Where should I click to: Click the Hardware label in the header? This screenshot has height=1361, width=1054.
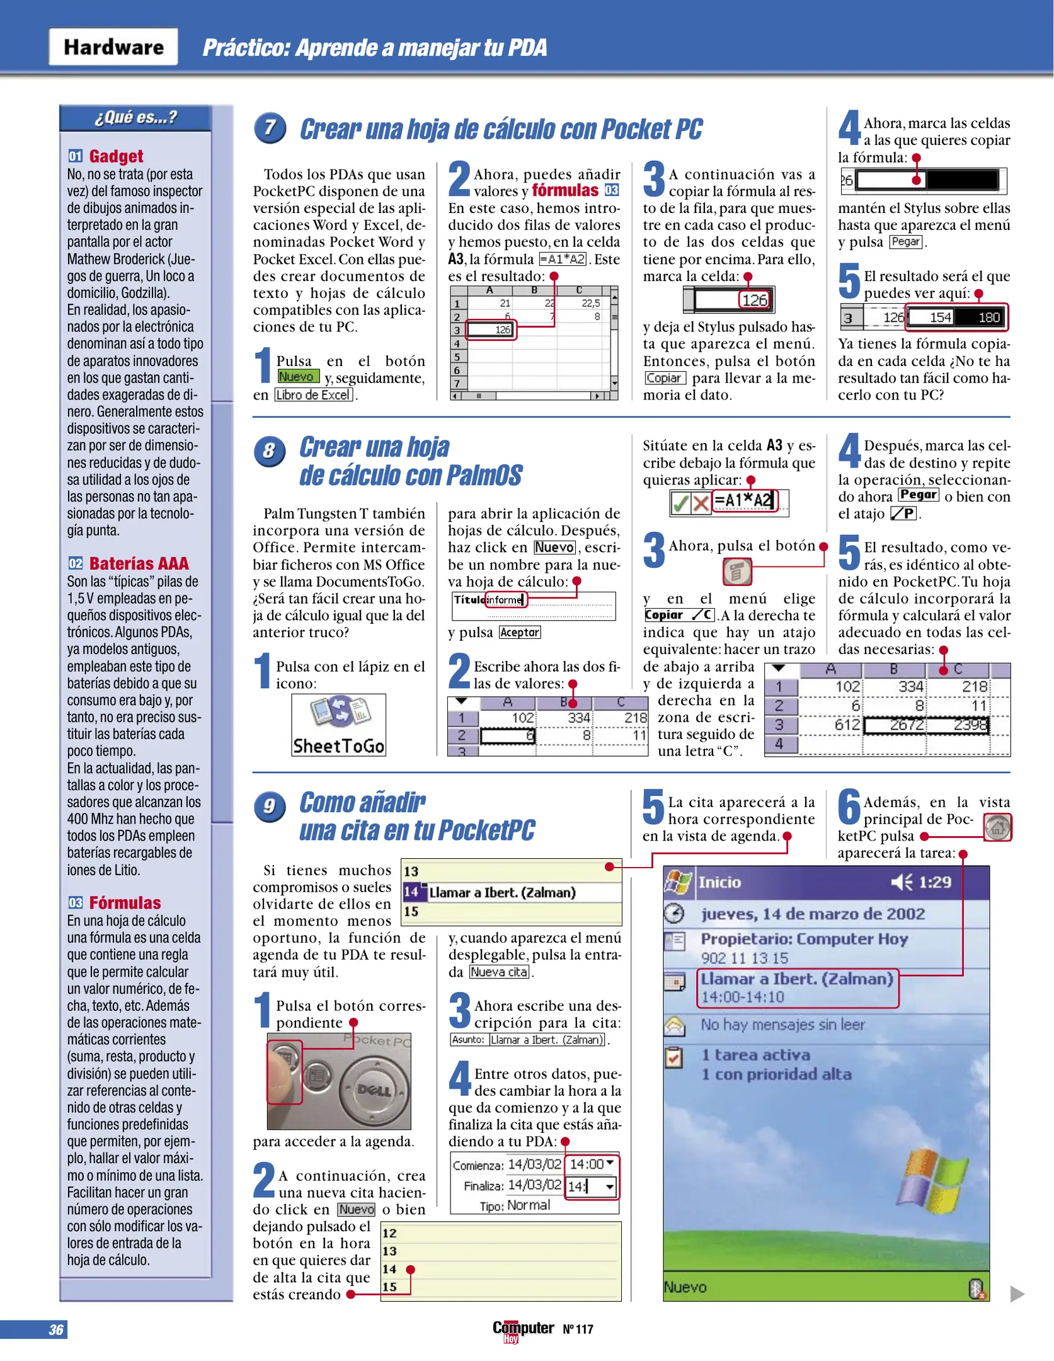coord(113,47)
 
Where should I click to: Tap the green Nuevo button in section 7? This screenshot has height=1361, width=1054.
coord(297,376)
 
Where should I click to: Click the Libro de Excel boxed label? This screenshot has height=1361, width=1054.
coord(313,395)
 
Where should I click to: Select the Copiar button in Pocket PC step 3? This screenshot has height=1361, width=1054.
coord(665,378)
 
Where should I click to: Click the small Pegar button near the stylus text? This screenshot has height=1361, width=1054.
coord(905,242)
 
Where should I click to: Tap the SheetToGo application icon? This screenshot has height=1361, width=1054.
coord(338,725)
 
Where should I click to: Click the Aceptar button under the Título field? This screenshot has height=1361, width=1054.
coord(520,632)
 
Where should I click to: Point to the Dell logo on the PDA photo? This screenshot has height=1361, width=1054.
coord(375,1089)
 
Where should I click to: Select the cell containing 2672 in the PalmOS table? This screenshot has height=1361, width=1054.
coord(895,725)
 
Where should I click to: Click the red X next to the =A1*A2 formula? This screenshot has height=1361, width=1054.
coord(701,503)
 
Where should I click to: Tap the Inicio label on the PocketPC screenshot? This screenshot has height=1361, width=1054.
coord(719,882)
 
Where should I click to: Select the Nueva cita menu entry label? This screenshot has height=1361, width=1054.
coord(499,972)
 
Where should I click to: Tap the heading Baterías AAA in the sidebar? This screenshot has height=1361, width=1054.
coord(139,563)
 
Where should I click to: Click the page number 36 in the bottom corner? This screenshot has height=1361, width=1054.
coord(56,1329)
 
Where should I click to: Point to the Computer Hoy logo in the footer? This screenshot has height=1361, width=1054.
coord(523,1329)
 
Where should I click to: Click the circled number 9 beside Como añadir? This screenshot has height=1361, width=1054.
coord(270,807)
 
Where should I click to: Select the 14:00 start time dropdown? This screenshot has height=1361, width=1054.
coord(591,1164)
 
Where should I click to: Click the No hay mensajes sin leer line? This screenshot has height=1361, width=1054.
coord(782,1025)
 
